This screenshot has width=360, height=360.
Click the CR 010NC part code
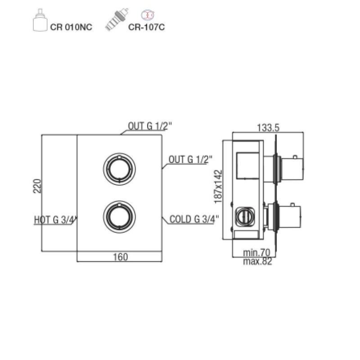click(x=71, y=27)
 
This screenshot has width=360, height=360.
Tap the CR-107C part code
click(x=146, y=27)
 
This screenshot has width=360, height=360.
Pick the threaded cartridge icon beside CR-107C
click(x=117, y=19)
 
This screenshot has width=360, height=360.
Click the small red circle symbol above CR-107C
click(x=148, y=15)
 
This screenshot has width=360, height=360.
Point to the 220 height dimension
click(x=37, y=186)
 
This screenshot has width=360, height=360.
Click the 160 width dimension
click(x=120, y=257)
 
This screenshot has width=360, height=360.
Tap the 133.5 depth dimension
click(x=268, y=128)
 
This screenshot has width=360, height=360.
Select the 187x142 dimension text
click(x=218, y=186)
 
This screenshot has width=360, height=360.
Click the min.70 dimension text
click(x=256, y=253)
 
